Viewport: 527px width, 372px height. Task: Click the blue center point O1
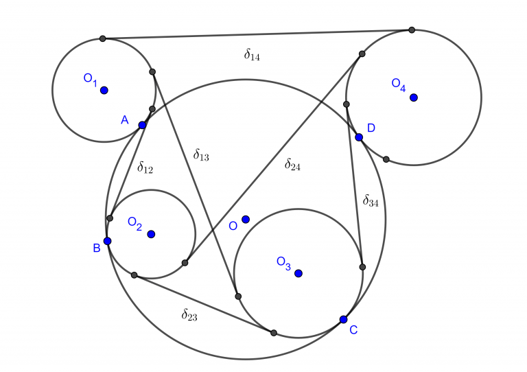click(x=104, y=90)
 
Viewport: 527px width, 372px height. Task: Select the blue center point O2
click(x=151, y=234)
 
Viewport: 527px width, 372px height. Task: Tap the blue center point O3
click(x=298, y=273)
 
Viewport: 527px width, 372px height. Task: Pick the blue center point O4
click(x=413, y=97)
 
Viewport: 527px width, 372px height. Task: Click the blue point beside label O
click(x=246, y=220)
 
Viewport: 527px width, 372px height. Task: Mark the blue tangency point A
click(x=142, y=125)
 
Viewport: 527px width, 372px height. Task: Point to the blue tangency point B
click(x=107, y=241)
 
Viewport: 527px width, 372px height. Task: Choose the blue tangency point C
click(x=343, y=319)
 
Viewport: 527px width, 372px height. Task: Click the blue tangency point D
click(x=359, y=137)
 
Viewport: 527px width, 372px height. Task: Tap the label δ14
click(x=252, y=56)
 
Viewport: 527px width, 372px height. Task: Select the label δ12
click(x=145, y=167)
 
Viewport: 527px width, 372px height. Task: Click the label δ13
click(x=201, y=156)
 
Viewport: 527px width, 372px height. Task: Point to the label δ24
click(x=292, y=165)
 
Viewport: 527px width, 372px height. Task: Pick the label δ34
click(x=371, y=201)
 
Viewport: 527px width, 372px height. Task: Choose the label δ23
click(x=189, y=315)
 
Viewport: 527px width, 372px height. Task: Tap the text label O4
click(x=399, y=84)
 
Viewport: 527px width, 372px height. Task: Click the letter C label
click(x=353, y=330)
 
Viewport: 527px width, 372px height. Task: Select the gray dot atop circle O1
click(x=102, y=38)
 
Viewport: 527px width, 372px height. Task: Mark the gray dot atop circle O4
click(x=412, y=30)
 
